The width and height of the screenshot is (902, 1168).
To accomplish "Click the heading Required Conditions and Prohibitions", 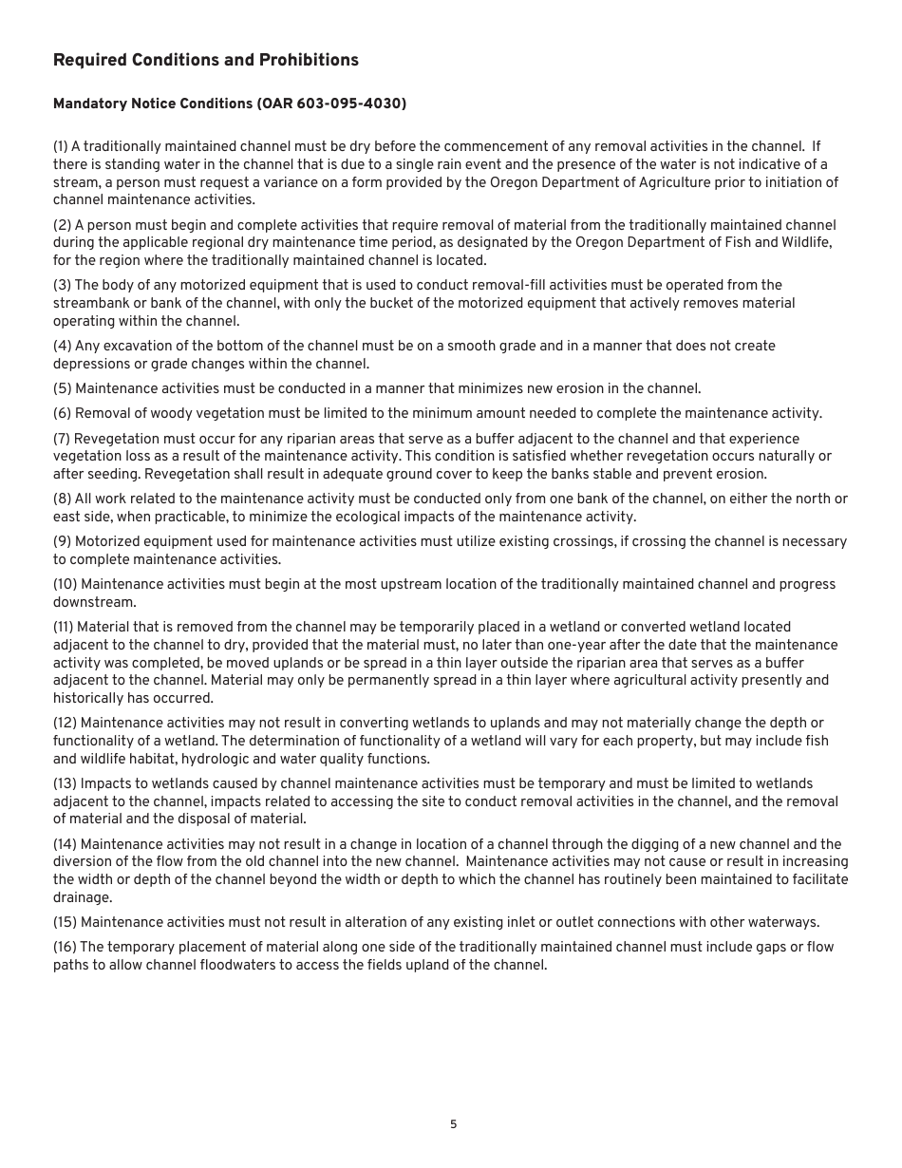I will pos(206,61).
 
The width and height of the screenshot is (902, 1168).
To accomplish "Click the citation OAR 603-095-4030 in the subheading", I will pos(331,104).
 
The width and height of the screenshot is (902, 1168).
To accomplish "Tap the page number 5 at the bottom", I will pos(453,1124).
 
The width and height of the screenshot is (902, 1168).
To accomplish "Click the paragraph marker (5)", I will pos(62,389).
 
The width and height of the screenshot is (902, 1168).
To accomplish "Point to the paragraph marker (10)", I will pos(66,585).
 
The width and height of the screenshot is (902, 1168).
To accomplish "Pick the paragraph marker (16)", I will pos(66,948).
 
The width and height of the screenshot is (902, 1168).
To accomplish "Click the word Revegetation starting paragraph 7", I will pos(116,440).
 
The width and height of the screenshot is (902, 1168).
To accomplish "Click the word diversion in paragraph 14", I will pos(86,862).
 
